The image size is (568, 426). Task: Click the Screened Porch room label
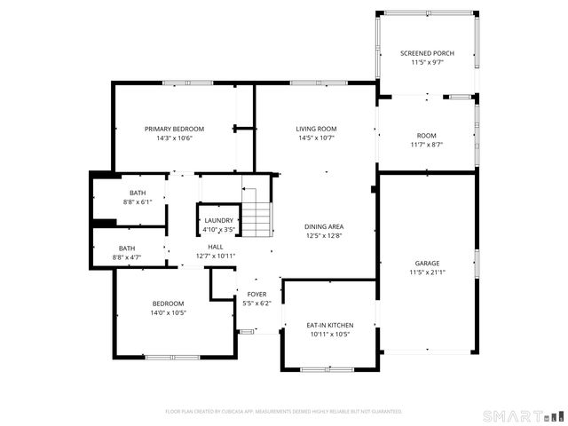[427, 53]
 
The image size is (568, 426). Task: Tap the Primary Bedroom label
[174, 129]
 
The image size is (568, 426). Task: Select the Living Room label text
[317, 129]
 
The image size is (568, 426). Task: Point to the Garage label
[427, 264]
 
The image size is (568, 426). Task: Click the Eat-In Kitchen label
[330, 325]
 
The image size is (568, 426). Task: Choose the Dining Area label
[323, 226]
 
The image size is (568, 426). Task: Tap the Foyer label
[256, 294]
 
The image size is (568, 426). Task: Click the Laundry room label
[218, 220]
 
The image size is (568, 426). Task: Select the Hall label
[216, 248]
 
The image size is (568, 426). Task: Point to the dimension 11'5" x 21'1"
[427, 273]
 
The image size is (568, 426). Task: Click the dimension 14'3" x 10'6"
[174, 138]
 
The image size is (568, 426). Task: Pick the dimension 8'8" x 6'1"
[138, 202]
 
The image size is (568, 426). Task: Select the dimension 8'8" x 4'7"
[127, 257]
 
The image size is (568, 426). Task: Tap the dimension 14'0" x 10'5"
[168, 312]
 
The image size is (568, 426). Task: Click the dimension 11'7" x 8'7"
[427, 145]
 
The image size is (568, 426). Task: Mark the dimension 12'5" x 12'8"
[323, 236]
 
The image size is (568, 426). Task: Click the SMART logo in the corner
[523, 415]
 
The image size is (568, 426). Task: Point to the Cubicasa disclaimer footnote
[284, 412]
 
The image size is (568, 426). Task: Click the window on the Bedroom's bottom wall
[172, 358]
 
